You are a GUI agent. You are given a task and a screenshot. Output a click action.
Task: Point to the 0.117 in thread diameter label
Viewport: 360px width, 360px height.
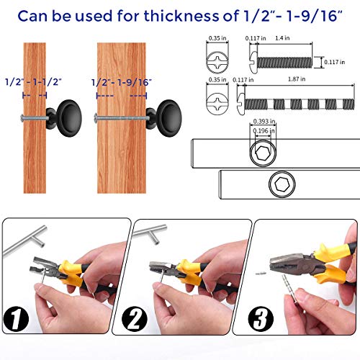pyautogui.click(x=333, y=62)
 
